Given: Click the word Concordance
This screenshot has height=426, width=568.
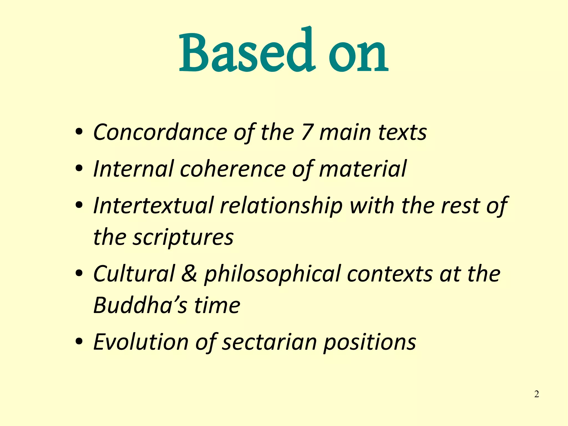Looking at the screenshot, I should (160, 132).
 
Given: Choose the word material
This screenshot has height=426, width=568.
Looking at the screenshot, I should (363, 169).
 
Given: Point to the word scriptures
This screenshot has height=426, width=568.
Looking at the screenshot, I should (183, 238).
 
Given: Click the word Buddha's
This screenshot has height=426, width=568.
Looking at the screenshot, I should (140, 305).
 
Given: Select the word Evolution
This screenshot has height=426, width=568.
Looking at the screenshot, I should (141, 342).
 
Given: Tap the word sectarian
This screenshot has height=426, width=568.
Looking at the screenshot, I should (269, 342).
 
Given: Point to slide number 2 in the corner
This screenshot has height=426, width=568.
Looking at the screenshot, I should (536, 394).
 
